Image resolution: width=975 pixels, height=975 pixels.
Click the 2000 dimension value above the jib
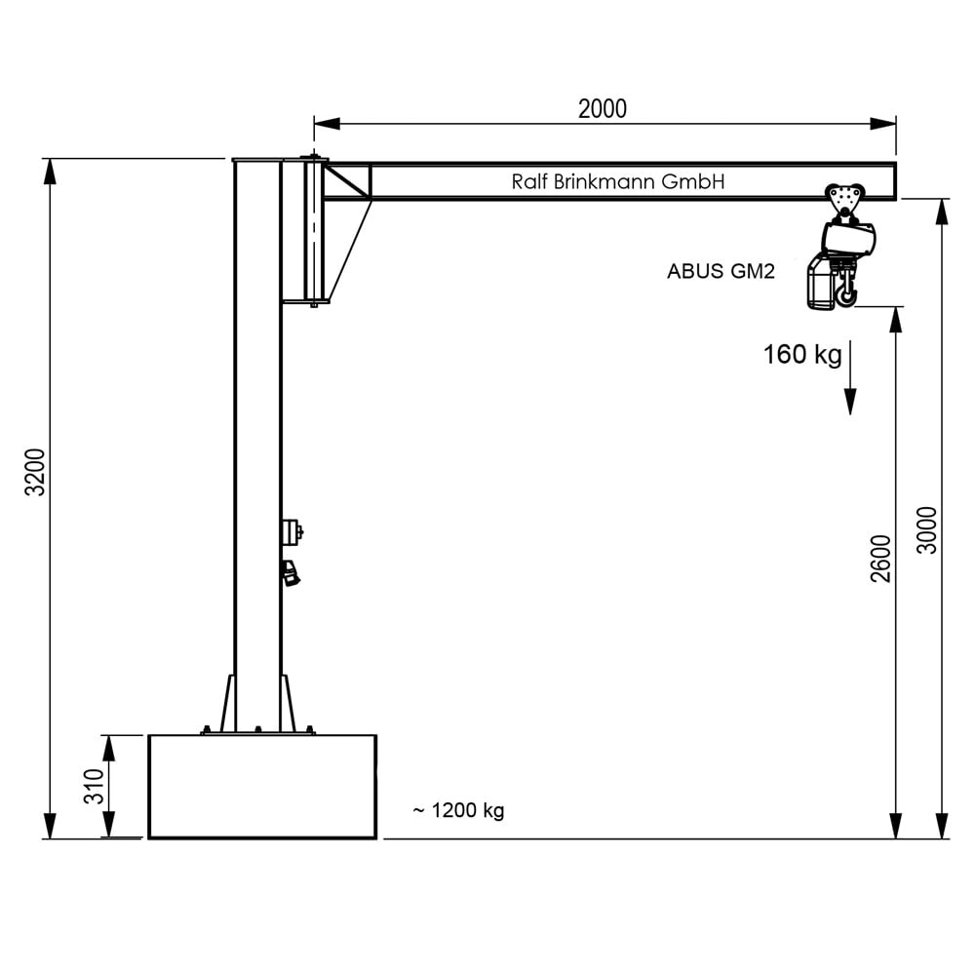pyautogui.click(x=602, y=109)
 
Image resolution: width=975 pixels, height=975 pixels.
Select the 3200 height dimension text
pyautogui.click(x=36, y=472)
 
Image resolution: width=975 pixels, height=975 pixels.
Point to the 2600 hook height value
pyautogui.click(x=881, y=558)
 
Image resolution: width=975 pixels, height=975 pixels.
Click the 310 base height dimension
pyautogui.click(x=94, y=787)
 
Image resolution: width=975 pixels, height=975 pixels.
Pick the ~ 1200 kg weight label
pyautogui.click(x=458, y=810)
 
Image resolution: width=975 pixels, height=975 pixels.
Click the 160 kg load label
pyautogui.click(x=801, y=354)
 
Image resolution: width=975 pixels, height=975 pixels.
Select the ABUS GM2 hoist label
pyautogui.click(x=721, y=272)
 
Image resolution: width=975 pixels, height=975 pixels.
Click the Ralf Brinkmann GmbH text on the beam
pyautogui.click(x=618, y=181)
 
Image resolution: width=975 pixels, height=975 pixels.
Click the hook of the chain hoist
pyautogui.click(x=845, y=293)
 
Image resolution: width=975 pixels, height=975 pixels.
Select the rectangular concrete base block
pyautogui.click(x=262, y=786)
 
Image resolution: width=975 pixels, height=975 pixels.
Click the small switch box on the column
pyautogui.click(x=291, y=531)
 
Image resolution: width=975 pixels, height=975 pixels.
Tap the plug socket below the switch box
pyautogui.click(x=291, y=572)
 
